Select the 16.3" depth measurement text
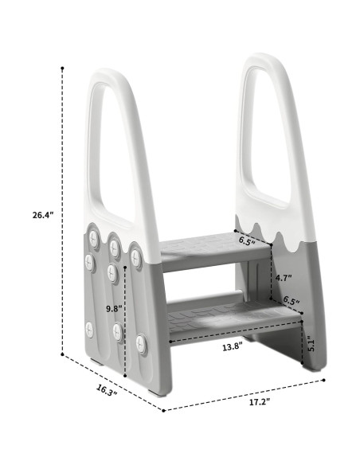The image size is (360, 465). tap(108, 389)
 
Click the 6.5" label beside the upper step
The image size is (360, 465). tap(248, 240)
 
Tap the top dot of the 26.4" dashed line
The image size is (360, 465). tap(62, 69)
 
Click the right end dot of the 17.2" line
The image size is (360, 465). tap(325, 380)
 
